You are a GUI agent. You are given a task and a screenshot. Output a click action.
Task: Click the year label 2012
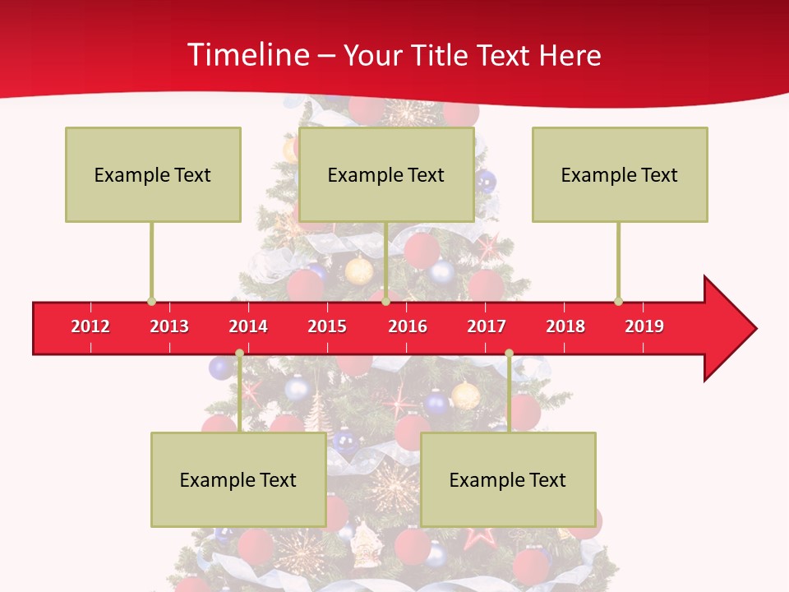pyautogui.click(x=90, y=326)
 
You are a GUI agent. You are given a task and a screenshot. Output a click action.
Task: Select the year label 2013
pyautogui.click(x=169, y=326)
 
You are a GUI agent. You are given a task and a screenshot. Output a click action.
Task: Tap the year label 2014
pyautogui.click(x=248, y=326)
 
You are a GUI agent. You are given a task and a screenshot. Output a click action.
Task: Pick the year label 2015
pyautogui.click(x=327, y=326)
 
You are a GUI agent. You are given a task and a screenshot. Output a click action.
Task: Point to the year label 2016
pyautogui.click(x=408, y=326)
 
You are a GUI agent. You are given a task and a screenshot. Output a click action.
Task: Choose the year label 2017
pyautogui.click(x=487, y=326)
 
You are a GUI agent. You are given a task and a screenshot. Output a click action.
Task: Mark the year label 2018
pyautogui.click(x=565, y=326)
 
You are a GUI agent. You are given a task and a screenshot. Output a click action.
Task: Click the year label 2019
pyautogui.click(x=644, y=326)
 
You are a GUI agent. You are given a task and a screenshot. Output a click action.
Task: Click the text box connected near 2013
pyautogui.click(x=153, y=174)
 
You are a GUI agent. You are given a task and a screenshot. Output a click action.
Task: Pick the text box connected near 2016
pyautogui.click(x=386, y=174)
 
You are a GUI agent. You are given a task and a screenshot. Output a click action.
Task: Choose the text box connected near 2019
pyautogui.click(x=620, y=174)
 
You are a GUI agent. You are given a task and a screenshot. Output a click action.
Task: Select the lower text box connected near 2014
pyautogui.click(x=238, y=479)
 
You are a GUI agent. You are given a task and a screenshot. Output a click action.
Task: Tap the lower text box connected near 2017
pyautogui.click(x=508, y=479)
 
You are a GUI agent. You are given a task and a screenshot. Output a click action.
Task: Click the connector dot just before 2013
pyautogui.click(x=151, y=302)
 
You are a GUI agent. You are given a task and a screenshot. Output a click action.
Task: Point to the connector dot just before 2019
pyautogui.click(x=618, y=302)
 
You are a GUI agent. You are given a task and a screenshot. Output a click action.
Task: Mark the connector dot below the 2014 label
pyautogui.click(x=239, y=354)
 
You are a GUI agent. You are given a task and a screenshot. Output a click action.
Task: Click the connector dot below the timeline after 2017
pyautogui.click(x=509, y=354)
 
